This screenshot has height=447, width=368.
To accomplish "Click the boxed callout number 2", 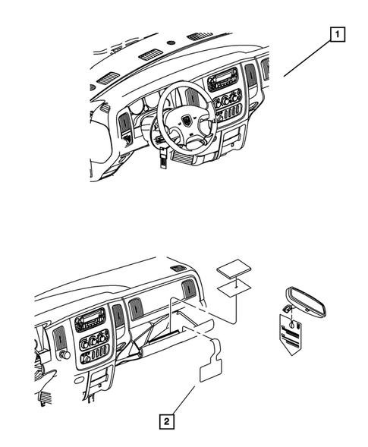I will click(x=165, y=418).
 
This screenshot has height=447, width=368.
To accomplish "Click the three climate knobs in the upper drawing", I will click(x=227, y=100).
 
